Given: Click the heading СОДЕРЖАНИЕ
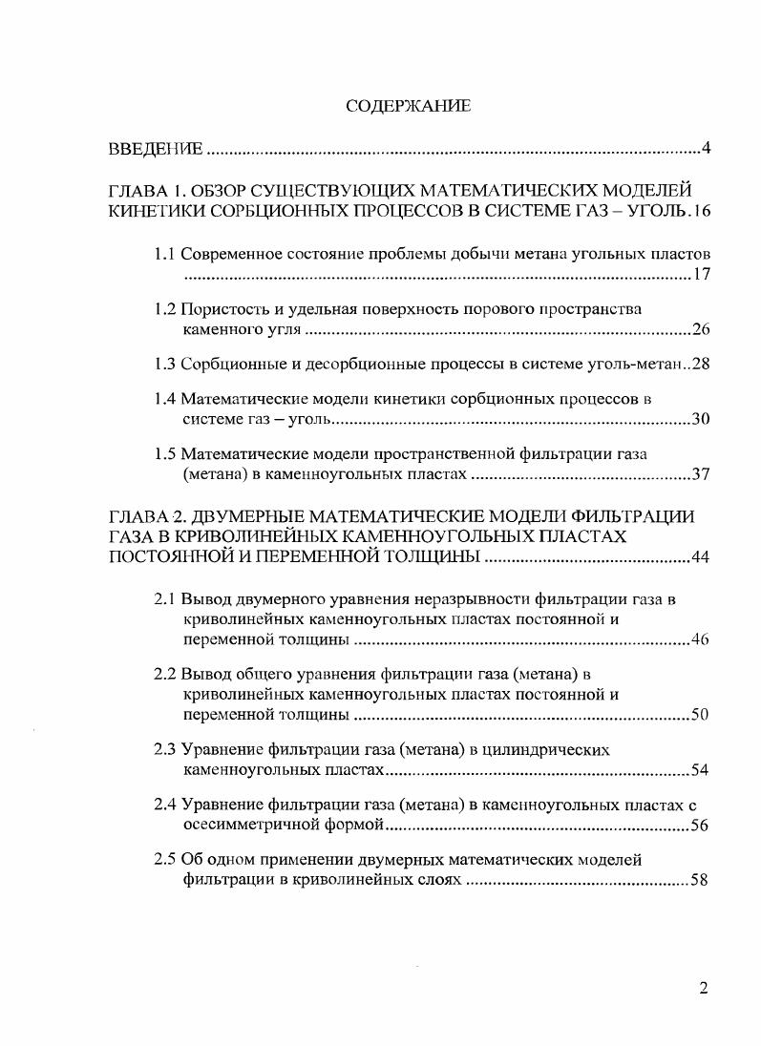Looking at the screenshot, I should click(408, 106).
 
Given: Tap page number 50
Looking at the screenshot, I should click(699, 714).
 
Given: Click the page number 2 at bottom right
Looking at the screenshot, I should click(704, 988).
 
